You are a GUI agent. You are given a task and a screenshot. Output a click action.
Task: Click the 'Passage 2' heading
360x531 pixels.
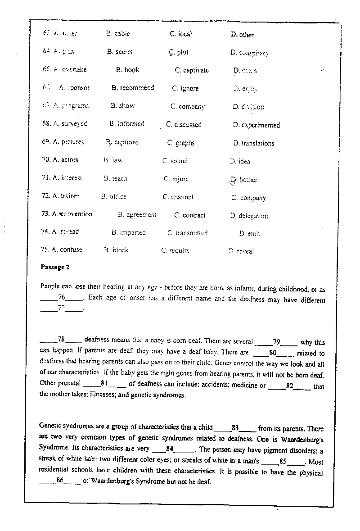(55, 267)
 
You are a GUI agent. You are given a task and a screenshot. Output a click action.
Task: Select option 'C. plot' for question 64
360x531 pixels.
(179, 52)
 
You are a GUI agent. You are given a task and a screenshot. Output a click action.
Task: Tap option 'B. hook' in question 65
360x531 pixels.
(127, 70)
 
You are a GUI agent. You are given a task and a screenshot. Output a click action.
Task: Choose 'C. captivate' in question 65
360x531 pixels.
(192, 70)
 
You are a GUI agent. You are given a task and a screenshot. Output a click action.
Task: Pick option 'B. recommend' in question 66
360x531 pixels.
(133, 88)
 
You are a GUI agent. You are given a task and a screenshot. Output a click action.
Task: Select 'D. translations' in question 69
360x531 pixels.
(253, 143)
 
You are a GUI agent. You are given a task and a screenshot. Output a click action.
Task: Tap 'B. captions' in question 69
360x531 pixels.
(122, 142)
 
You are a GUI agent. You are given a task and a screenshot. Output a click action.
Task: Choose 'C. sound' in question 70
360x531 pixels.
(175, 161)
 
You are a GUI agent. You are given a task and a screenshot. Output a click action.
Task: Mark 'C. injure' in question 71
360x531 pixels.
(176, 179)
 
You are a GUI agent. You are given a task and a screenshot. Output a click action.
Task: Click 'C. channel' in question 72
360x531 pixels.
(178, 197)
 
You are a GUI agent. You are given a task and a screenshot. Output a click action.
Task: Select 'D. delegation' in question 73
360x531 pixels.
(249, 216)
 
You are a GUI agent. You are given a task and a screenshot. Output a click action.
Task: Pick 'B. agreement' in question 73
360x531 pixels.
(137, 215)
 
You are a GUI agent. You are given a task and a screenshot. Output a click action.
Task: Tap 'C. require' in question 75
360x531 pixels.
(175, 250)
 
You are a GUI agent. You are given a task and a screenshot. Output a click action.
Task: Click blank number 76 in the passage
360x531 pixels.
(62, 297)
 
